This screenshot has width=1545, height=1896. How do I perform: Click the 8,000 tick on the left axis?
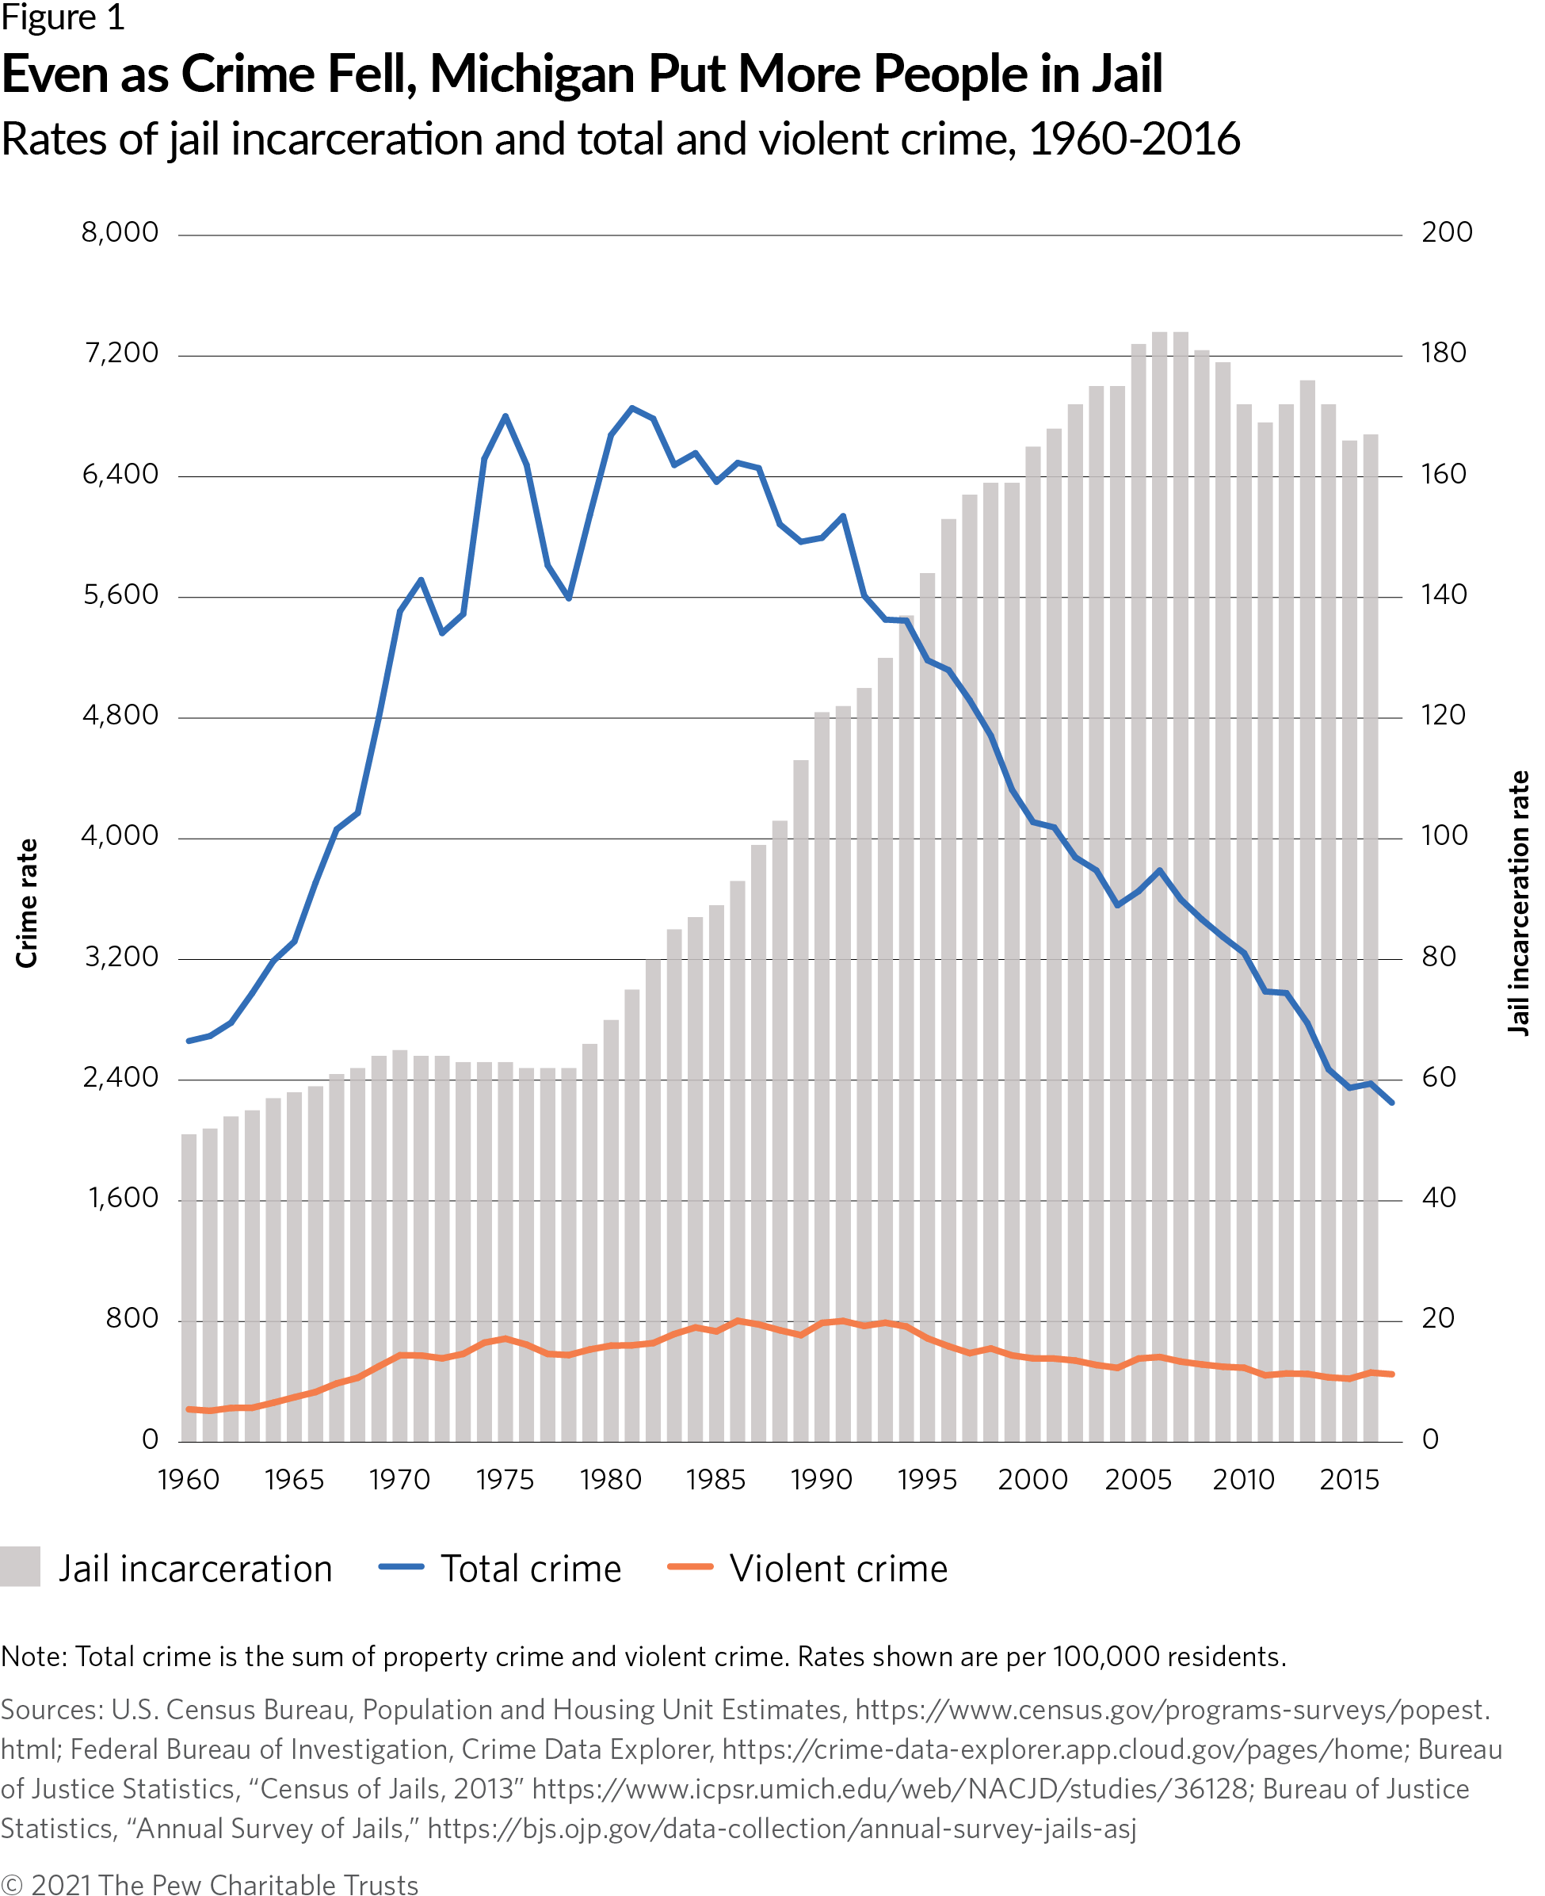click(x=120, y=232)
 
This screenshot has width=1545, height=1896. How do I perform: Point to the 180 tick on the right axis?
click(x=1443, y=354)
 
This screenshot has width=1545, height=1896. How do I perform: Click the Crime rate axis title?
click(x=28, y=903)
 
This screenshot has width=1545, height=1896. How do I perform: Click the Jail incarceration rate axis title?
click(x=1518, y=903)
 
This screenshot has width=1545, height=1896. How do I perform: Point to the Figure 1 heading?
click(x=63, y=17)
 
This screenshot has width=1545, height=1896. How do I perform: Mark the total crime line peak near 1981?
click(x=632, y=407)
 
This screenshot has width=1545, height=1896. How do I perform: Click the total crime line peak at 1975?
click(x=505, y=415)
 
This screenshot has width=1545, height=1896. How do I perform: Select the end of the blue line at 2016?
click(x=1392, y=1103)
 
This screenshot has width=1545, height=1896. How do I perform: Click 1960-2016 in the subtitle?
click(x=1134, y=140)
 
